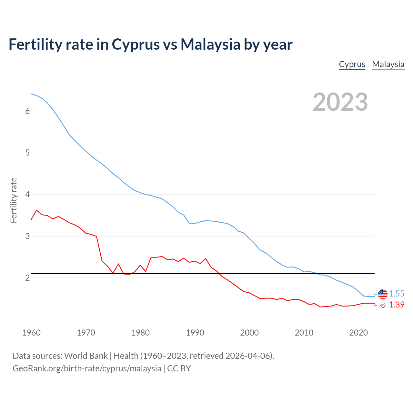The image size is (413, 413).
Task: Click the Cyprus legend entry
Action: point(352,64)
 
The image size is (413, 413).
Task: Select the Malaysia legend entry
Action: point(388,64)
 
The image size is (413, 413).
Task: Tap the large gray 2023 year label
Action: point(340,102)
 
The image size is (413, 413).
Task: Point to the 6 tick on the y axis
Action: point(27,111)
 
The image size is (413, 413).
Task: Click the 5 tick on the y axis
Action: point(27,153)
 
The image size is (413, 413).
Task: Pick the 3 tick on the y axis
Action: point(27,236)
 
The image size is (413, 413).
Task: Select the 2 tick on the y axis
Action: point(27,278)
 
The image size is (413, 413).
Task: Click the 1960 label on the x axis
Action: point(31,333)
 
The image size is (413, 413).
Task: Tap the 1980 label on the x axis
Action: point(140,333)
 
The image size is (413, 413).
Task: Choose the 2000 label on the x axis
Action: point(249,333)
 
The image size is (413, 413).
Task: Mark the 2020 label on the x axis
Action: point(358,333)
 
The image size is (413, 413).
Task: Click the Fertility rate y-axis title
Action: point(14,200)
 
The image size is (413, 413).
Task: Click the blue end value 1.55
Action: point(397,294)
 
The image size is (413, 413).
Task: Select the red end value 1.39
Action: point(397,305)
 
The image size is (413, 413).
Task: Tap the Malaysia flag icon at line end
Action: point(383,294)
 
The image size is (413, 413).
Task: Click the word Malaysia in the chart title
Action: point(210,44)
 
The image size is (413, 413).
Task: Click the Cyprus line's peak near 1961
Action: point(36,210)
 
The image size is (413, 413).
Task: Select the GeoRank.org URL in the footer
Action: point(87,368)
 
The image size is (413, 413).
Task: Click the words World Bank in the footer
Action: point(86,356)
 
